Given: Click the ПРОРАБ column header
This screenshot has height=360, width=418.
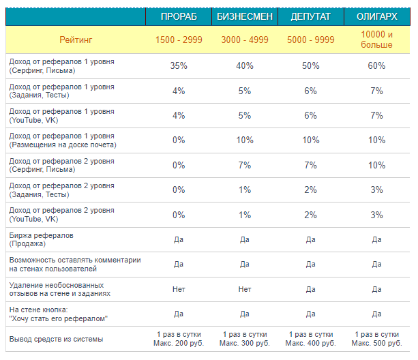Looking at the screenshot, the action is click(179, 16).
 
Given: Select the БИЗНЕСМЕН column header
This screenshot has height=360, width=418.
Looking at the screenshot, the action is click(245, 16).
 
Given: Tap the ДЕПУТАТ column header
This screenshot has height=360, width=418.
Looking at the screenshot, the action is click(310, 16).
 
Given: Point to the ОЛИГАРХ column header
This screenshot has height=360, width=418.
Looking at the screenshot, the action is click(376, 16).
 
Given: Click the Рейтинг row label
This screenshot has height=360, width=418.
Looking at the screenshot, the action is click(76, 40).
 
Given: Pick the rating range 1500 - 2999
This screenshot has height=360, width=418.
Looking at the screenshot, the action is click(179, 40).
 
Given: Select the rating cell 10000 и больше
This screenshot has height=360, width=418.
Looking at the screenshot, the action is click(376, 40).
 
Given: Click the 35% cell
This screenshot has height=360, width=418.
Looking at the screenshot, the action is click(179, 65).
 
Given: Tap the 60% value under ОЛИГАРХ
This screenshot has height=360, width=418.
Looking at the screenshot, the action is click(376, 65).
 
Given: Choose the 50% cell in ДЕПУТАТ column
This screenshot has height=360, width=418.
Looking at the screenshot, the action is click(310, 65).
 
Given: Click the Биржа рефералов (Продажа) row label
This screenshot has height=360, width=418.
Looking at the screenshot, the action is click(42, 239).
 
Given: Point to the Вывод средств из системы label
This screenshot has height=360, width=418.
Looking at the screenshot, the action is click(56, 339).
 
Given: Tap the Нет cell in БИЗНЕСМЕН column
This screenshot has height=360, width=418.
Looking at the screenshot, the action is click(245, 289).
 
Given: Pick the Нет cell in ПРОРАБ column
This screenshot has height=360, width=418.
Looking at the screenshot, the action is click(179, 289).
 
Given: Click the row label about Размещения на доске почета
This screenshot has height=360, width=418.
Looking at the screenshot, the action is click(63, 140).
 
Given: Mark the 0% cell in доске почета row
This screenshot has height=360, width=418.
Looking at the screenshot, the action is click(179, 140).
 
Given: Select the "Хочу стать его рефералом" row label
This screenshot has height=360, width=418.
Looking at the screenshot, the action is click(59, 314).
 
